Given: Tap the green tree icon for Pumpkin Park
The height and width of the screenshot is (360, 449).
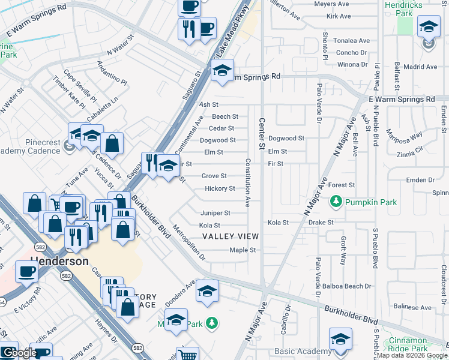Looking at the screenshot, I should (x=337, y=202).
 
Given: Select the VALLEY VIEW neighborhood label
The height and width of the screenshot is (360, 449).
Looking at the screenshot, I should (x=231, y=236).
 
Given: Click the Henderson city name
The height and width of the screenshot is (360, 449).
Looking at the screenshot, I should (x=59, y=262).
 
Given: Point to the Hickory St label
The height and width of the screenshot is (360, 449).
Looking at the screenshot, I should (x=220, y=188).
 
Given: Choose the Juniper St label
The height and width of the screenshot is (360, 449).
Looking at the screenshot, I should (x=215, y=213).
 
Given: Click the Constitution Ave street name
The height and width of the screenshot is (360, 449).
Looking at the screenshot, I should (x=247, y=183).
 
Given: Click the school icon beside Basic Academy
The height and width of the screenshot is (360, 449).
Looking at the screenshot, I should (x=340, y=339).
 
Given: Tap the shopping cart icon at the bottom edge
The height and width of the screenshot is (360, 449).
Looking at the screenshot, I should (x=188, y=354).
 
